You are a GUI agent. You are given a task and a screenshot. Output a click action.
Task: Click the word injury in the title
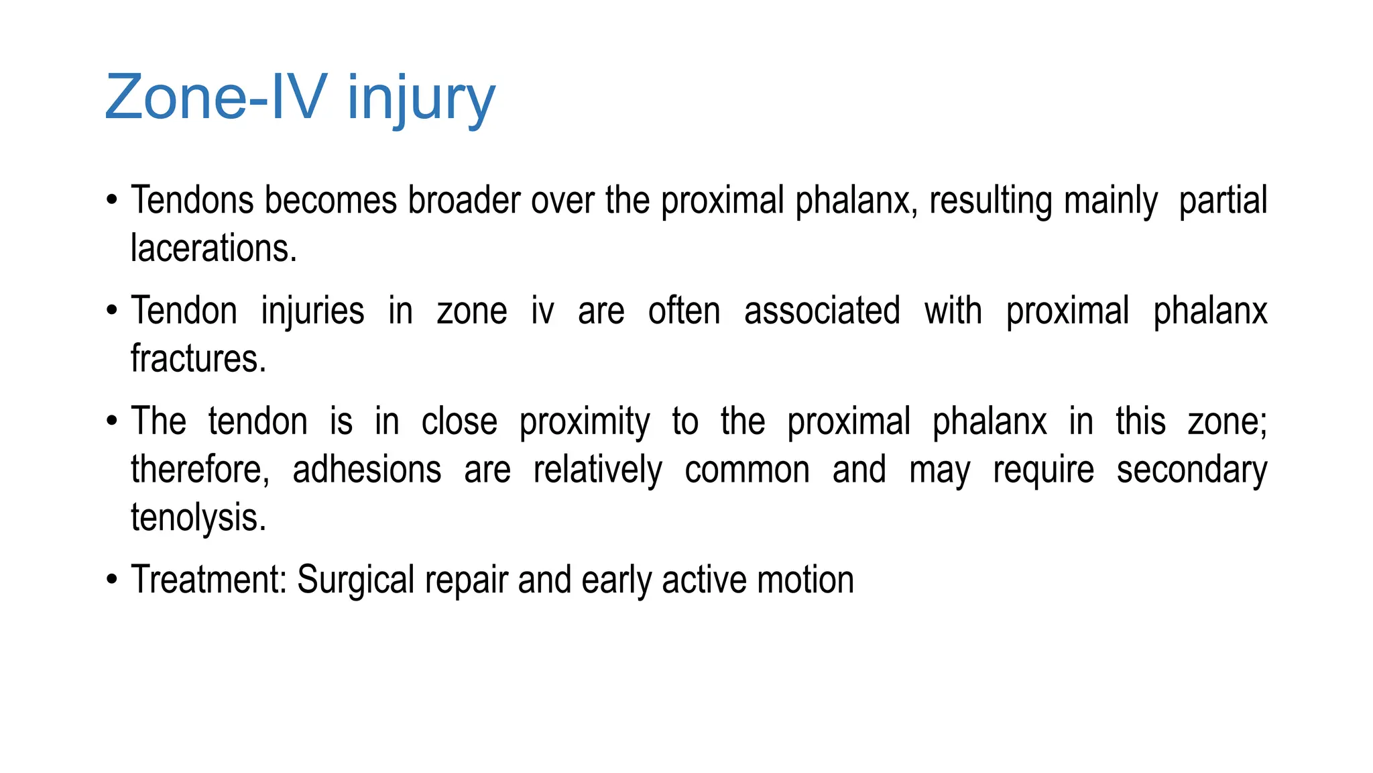(x=420, y=99)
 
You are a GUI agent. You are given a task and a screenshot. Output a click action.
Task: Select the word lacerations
(x=213, y=249)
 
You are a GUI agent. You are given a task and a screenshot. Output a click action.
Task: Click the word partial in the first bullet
(x=1223, y=201)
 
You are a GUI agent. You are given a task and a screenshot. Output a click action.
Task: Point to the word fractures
(x=198, y=359)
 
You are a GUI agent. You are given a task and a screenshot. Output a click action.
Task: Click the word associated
(x=822, y=311)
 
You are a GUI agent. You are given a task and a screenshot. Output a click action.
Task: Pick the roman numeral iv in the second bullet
(x=542, y=311)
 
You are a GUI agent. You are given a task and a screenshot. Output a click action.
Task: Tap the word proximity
(x=585, y=422)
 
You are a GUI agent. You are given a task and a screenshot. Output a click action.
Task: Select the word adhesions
(x=367, y=470)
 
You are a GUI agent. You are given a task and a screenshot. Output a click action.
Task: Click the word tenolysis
(x=198, y=518)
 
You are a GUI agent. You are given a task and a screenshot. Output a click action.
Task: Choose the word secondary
(x=1191, y=470)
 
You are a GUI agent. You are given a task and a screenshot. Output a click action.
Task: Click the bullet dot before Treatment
(x=112, y=580)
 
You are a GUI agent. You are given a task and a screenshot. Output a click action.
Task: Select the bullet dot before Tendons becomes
(x=112, y=201)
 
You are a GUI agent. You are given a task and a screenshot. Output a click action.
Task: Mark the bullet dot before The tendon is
(x=112, y=422)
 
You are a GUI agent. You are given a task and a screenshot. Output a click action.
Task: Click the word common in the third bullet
(x=747, y=470)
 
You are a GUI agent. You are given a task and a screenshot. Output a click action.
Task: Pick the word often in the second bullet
(x=684, y=311)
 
